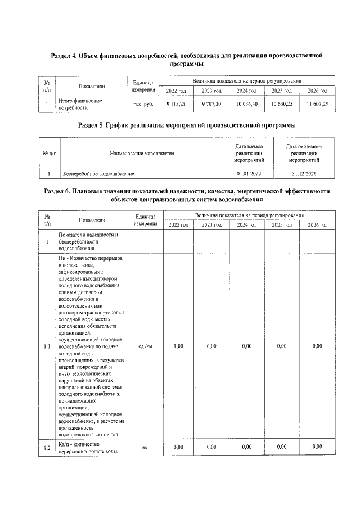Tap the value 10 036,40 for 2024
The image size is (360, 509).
246,104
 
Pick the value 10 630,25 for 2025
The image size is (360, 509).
282,104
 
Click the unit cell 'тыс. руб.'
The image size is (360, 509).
143,104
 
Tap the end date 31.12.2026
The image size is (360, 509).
304,174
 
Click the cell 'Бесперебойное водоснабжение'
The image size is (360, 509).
98,174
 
